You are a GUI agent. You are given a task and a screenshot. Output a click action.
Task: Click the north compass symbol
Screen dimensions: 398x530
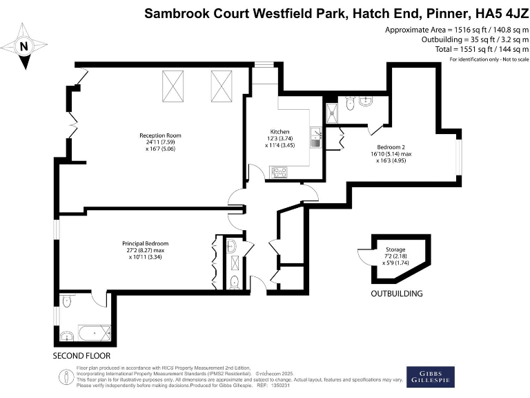tap(25, 46)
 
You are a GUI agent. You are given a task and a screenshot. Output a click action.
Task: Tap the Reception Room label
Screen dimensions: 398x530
tap(159, 135)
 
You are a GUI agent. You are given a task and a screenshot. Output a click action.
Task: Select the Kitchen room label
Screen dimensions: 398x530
tap(279, 131)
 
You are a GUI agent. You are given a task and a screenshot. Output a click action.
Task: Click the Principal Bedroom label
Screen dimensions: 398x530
tap(145, 244)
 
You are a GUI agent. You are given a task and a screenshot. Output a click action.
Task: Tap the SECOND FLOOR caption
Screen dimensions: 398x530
tap(81, 355)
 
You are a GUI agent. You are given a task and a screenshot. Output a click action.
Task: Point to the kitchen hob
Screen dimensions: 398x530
tap(279, 172)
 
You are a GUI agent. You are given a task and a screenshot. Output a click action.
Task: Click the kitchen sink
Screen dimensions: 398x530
tap(315, 137)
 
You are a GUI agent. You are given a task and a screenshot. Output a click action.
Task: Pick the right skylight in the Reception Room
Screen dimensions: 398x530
tap(221, 87)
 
